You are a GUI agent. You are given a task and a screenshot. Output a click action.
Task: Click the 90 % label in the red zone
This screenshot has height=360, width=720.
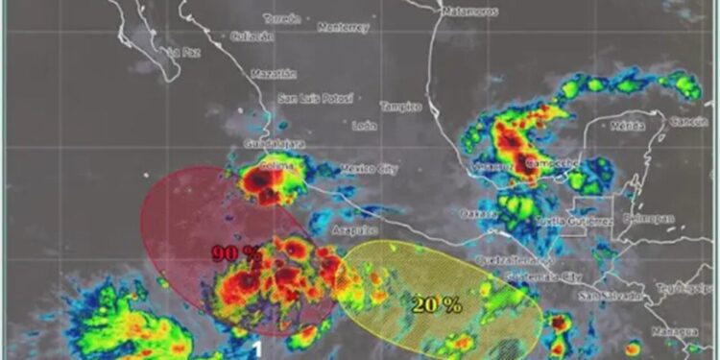(236, 254)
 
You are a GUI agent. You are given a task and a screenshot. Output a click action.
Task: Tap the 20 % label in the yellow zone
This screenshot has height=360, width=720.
(437, 305)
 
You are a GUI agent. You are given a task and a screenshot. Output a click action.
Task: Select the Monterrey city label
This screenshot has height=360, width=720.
(343, 28)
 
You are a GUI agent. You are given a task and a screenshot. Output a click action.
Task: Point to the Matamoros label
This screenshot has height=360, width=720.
(470, 12)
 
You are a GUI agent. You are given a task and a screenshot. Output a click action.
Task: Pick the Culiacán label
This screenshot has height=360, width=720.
(253, 36)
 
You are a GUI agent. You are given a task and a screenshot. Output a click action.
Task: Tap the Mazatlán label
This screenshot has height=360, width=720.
(274, 74)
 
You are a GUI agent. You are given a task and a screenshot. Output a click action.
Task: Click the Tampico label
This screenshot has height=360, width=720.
(400, 107)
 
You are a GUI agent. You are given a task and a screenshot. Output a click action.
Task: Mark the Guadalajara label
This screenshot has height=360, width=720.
(276, 144)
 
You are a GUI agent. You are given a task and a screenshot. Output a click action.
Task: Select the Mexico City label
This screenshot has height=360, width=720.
(370, 170)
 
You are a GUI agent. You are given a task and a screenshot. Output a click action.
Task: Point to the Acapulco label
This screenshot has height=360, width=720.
(353, 230)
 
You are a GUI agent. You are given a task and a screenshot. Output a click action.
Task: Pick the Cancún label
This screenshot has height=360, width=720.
(688, 122)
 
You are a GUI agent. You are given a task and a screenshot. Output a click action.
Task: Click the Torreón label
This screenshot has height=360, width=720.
(281, 19)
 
